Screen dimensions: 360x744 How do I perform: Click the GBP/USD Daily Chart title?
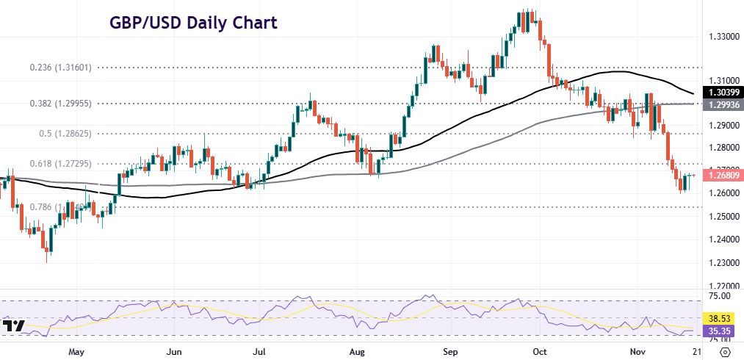coord(194,23)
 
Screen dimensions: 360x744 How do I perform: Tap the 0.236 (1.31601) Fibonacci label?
coord(60,67)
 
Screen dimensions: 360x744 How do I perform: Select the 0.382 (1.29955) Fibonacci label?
coord(60,104)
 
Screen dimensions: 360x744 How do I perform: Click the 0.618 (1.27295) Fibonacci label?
coord(60,163)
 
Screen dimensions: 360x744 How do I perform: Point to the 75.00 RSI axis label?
coord(719,296)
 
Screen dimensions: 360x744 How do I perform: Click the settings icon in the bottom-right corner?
coord(723,352)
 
